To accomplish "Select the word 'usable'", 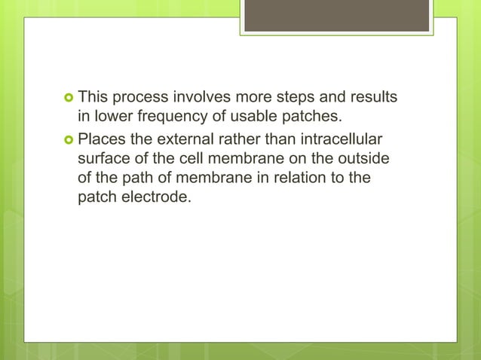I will click(x=240, y=117).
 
